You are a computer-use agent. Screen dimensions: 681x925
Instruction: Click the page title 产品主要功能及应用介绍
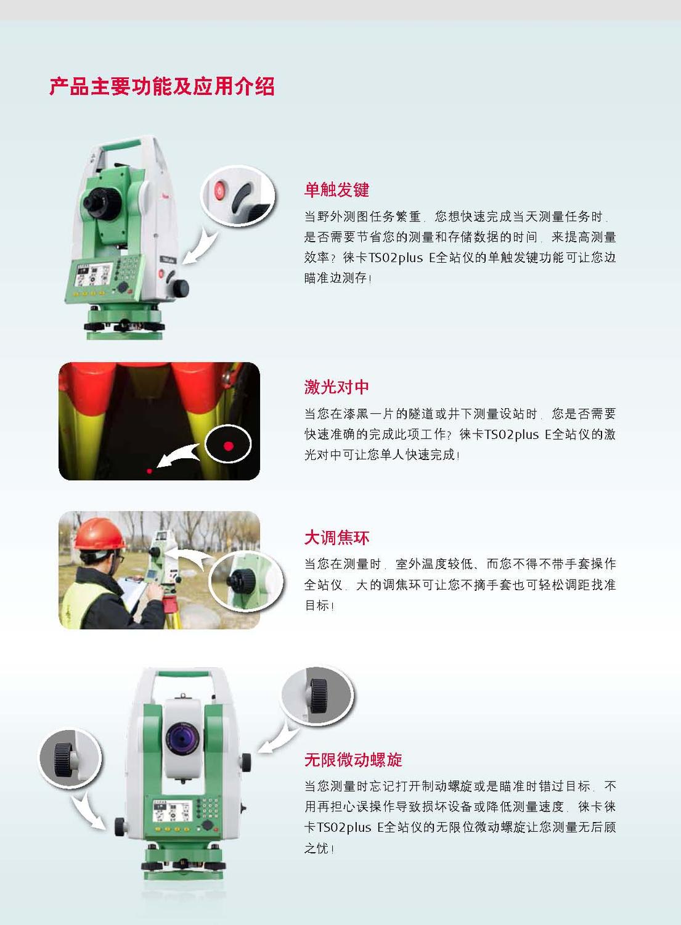(162, 86)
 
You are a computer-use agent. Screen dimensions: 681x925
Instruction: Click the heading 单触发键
(336, 189)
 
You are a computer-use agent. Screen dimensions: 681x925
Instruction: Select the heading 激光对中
(336, 387)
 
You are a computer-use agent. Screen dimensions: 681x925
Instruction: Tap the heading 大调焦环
(336, 538)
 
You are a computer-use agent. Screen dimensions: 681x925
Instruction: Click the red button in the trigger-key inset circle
(219, 191)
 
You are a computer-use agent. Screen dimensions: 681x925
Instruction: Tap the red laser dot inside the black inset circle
(228, 446)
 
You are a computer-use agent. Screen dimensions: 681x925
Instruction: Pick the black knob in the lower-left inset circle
(63, 760)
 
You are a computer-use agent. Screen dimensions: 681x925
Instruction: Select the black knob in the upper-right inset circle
(319, 696)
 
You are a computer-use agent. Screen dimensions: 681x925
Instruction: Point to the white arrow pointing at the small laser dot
(181, 456)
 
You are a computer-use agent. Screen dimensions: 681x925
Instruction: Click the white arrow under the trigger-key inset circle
(201, 247)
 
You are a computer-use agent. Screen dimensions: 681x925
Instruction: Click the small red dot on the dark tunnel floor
(149, 471)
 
